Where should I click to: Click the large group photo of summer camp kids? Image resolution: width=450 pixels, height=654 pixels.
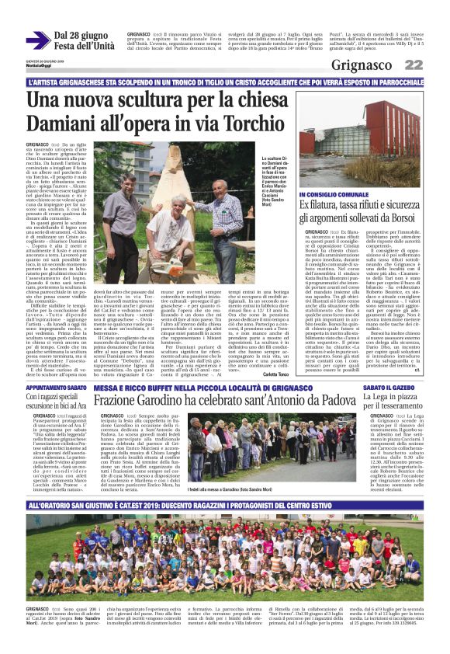[x=224, y=544]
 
